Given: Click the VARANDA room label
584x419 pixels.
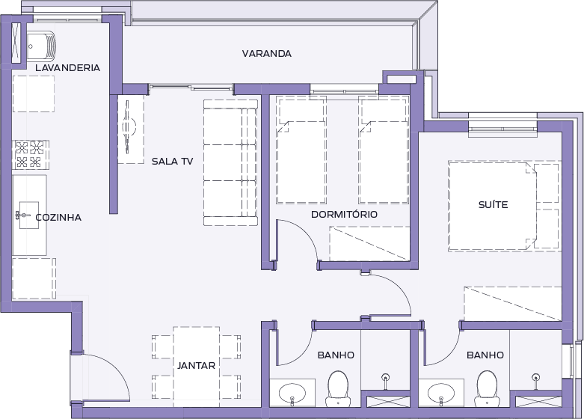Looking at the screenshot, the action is point(267,54).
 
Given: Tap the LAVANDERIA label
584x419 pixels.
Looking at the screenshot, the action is point(68,68).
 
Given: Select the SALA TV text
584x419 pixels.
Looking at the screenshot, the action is point(173,162).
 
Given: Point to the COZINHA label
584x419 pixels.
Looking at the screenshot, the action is point(58,217).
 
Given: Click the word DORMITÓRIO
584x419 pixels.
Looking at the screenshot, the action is point(344,214).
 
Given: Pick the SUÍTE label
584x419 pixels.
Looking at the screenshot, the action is point(493,205).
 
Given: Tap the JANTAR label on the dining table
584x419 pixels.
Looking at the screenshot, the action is point(196,366).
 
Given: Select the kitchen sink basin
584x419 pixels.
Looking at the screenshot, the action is point(29,215).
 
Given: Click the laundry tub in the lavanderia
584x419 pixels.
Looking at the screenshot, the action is point(41,46).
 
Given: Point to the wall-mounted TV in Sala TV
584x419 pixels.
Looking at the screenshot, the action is point(129,126).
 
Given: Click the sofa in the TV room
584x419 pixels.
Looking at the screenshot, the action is point(230,162).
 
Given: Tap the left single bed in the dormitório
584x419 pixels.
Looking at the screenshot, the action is point(301,150).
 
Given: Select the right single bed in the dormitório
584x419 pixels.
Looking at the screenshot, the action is point(384,150).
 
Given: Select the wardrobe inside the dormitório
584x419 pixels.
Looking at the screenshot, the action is point(369,244).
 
